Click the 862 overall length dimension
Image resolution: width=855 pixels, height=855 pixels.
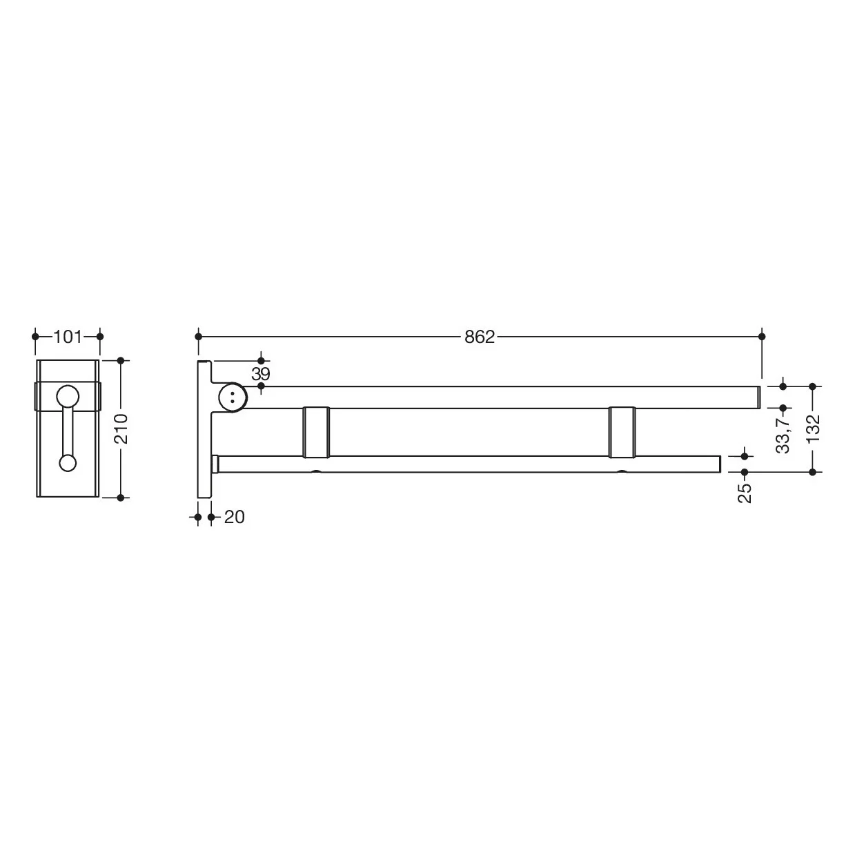click(x=479, y=337)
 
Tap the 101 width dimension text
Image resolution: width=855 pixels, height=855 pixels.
click(x=68, y=337)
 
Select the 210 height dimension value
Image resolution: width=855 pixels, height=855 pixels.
click(x=121, y=429)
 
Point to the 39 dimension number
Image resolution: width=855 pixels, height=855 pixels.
click(x=260, y=373)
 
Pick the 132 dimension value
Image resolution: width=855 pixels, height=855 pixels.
click(x=813, y=429)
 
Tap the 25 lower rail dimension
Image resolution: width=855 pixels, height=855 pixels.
click(x=745, y=493)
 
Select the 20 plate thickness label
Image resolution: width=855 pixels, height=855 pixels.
click(x=234, y=517)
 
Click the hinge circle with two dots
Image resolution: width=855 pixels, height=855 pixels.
click(x=233, y=397)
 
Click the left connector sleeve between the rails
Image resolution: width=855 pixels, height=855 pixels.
click(x=316, y=432)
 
